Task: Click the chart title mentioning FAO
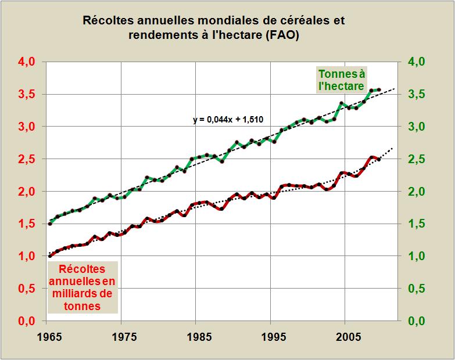214,28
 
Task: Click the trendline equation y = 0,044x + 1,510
228,120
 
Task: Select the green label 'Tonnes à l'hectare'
341,80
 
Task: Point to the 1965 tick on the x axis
48,337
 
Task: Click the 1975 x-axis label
121,337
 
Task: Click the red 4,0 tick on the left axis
24,62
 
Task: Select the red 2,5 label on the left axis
24,159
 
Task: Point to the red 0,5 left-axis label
24,289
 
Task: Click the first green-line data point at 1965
49,223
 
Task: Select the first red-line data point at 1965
49,255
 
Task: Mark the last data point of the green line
379,90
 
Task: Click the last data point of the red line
379,159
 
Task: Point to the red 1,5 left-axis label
24,224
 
